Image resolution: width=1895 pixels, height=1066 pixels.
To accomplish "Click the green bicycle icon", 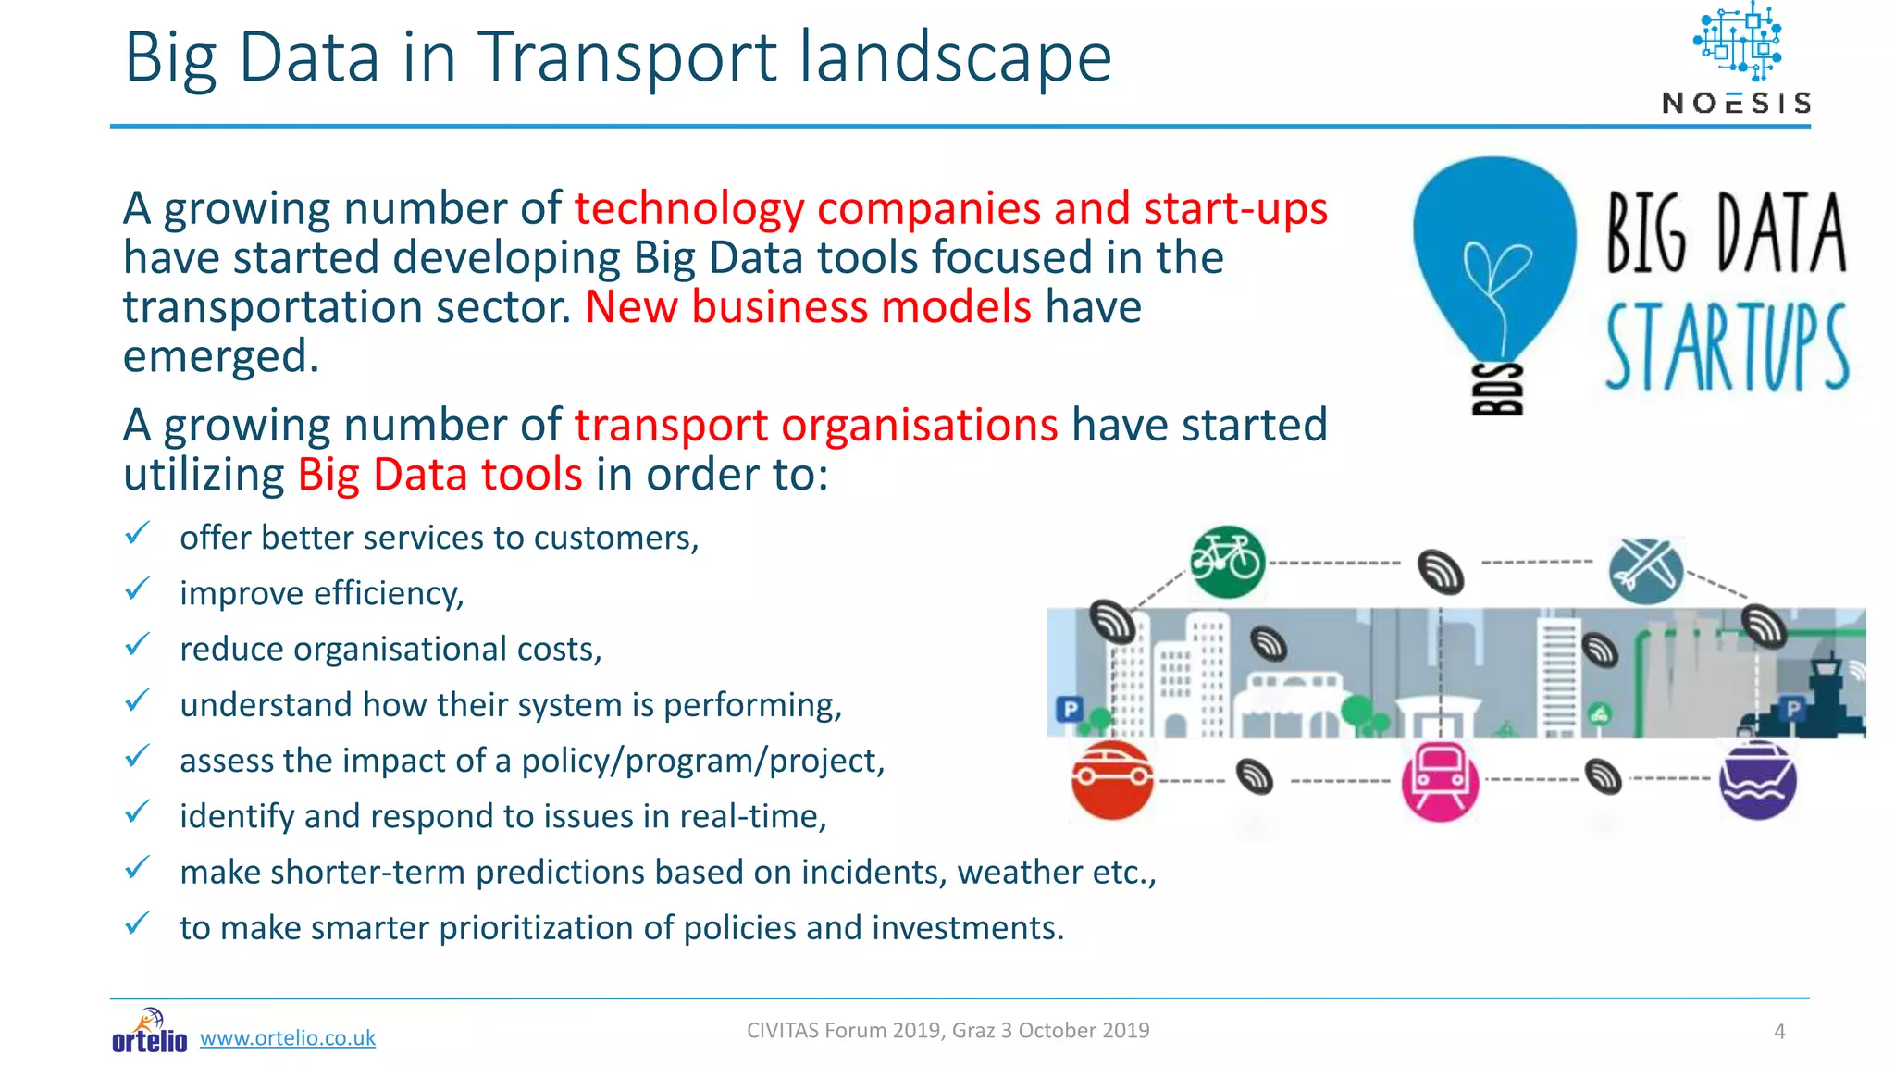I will coord(1226,561).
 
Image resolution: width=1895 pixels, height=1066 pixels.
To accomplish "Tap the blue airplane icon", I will coord(1645,568).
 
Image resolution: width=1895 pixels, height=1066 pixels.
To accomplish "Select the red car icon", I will coord(1112,779).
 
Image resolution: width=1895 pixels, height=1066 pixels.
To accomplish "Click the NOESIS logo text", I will coord(1736,103).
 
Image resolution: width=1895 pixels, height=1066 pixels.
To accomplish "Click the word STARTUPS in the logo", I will coord(1726,348).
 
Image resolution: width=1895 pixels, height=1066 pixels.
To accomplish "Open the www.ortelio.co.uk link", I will coord(288,1038).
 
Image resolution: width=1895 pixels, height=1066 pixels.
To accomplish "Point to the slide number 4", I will coord(1778,1032).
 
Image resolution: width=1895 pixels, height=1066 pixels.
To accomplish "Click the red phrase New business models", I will coord(808,306).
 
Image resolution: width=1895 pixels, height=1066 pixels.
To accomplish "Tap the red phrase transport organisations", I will coord(815,425).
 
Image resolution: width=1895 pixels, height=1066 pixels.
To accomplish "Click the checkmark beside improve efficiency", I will coord(137,589).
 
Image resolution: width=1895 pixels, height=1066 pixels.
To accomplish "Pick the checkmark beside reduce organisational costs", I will coord(137,645).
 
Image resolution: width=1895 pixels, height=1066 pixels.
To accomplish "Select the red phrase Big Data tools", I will coord(440,475).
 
